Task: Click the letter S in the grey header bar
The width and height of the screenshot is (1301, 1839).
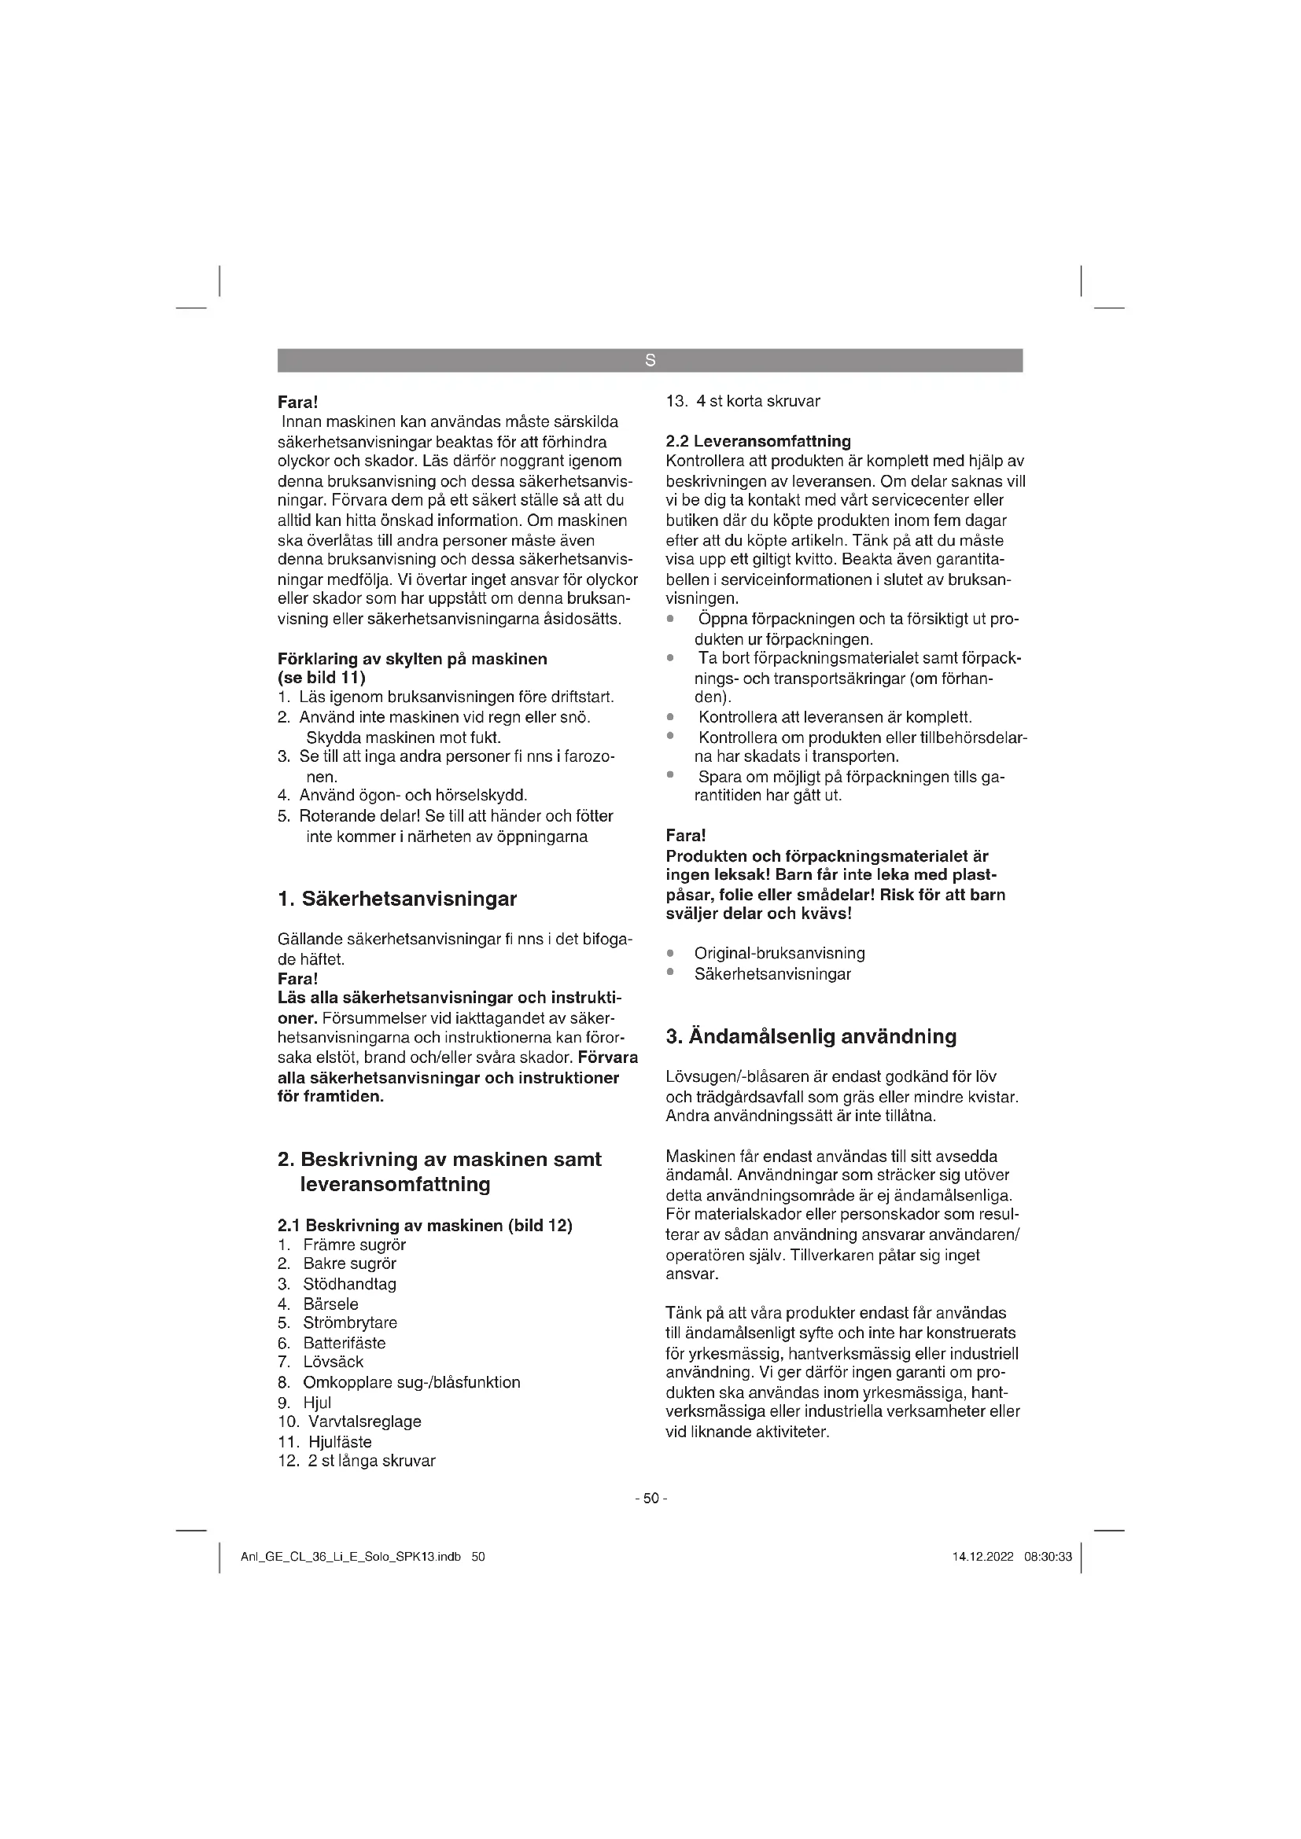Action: [x=650, y=361]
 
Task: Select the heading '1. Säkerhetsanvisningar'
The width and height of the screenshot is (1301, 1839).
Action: [x=397, y=899]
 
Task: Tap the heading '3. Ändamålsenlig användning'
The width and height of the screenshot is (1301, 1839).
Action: [x=812, y=1036]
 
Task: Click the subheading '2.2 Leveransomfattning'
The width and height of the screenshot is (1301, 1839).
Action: [x=757, y=440]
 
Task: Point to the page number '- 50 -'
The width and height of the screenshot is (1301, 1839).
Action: [x=650, y=1498]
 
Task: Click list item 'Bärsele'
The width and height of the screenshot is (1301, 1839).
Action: [x=331, y=1304]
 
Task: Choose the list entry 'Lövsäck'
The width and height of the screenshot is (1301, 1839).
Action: [x=334, y=1362]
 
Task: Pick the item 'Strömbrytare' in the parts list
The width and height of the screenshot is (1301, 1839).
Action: [x=350, y=1322]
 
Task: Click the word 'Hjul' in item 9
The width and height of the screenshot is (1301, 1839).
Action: [x=317, y=1403]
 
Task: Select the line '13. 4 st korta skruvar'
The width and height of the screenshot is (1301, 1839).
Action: [x=743, y=401]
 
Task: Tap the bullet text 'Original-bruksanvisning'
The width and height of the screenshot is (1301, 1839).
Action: [x=779, y=953]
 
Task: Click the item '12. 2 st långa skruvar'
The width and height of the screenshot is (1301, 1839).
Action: [x=356, y=1460]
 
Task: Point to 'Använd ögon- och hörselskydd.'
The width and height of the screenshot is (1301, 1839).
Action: [x=413, y=796]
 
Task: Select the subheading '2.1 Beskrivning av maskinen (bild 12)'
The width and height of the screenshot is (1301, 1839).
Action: [x=425, y=1226]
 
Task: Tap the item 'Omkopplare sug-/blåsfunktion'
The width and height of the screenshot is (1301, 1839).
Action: [x=411, y=1381]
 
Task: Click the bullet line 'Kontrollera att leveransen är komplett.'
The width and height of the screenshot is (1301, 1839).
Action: [x=835, y=717]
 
